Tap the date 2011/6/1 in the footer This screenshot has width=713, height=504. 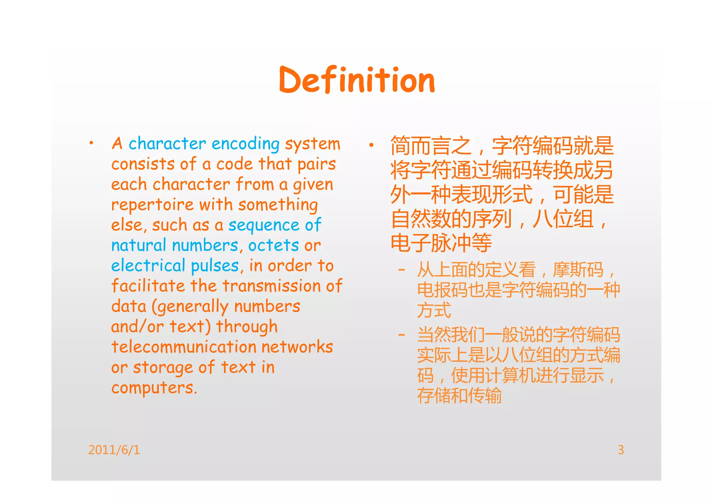click(114, 450)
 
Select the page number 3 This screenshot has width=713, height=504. click(621, 450)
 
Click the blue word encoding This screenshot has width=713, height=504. click(245, 144)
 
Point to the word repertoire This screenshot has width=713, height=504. click(152, 205)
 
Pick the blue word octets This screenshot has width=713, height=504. click(273, 245)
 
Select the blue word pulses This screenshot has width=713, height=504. click(215, 266)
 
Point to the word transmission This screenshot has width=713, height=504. click(272, 286)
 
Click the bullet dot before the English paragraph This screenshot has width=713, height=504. click(91, 143)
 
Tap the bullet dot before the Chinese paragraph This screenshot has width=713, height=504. click(371, 145)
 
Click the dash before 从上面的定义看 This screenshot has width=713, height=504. click(402, 270)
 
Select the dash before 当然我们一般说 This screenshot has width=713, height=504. click(402, 335)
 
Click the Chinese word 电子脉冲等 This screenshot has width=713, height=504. click(441, 243)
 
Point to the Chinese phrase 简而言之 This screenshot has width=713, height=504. click(431, 146)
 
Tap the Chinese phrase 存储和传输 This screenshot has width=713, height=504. click(460, 396)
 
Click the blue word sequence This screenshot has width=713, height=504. click(264, 225)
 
